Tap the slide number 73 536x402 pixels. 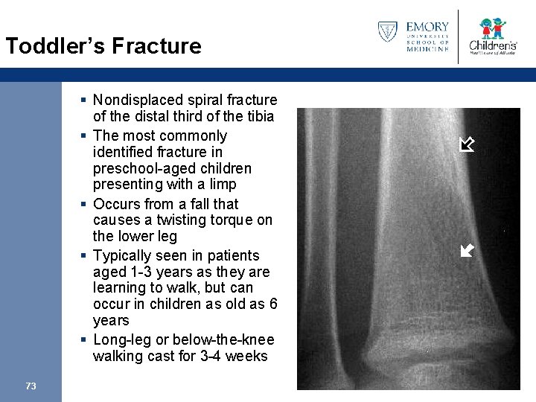pos(31,386)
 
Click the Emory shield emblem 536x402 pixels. pos(387,31)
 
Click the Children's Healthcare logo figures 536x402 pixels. pos(492,28)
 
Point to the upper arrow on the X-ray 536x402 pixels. pos(467,144)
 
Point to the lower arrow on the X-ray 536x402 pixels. pos(467,250)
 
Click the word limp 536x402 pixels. pos(223,184)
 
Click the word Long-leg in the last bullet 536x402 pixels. pos(118,339)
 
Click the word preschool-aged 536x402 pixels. pos(138,168)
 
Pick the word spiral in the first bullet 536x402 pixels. pos(206,100)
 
